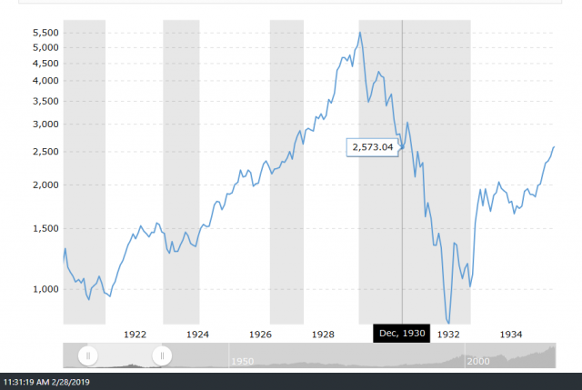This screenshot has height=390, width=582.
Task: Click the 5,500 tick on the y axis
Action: [44, 34]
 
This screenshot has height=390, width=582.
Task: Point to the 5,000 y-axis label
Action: [44, 48]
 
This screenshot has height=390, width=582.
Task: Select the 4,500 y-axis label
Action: [44, 64]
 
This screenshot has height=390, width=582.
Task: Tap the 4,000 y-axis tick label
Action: [44, 81]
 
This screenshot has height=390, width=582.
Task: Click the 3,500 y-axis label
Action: [44, 101]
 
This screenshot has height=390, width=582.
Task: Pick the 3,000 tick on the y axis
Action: [44, 125]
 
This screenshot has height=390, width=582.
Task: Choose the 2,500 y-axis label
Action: [44, 152]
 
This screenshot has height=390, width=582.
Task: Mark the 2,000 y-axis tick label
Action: [44, 185]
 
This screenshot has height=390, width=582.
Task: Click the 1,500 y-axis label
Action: [44, 229]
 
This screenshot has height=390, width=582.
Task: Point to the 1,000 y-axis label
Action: [44, 290]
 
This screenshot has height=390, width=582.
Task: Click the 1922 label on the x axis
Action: [135, 334]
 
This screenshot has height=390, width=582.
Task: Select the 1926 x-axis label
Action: [260, 334]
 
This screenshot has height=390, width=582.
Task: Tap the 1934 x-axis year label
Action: [511, 334]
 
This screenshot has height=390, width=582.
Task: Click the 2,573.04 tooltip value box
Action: [374, 147]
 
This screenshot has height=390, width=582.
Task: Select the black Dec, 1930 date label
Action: [401, 334]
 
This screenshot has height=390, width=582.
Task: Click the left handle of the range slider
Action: [88, 355]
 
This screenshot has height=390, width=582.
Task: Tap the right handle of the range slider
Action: [162, 355]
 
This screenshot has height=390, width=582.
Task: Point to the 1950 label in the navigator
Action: [242, 361]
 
